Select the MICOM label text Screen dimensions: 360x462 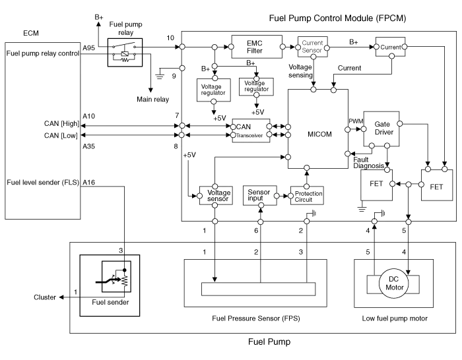pyautogui.click(x=320, y=134)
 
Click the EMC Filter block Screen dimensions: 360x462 pyautogui.click(x=254, y=47)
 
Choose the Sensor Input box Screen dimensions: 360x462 pyautogui.click(x=259, y=195)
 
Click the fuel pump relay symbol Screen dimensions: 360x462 pyautogui.click(x=125, y=50)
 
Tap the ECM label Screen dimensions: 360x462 pyautogui.click(x=31, y=32)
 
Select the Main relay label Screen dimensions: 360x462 pyautogui.click(x=152, y=99)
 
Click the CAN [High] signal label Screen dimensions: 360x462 pyautogui.click(x=61, y=123)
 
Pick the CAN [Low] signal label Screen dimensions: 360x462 pyautogui.click(x=61, y=136)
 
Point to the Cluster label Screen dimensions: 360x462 pyautogui.click(x=45, y=297)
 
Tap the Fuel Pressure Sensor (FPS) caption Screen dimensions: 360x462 pyautogui.click(x=255, y=319)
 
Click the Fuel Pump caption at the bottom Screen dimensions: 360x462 pyautogui.click(x=269, y=342)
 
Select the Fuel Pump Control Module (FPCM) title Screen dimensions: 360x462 pyautogui.click(x=337, y=18)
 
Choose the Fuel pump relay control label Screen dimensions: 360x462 pyautogui.click(x=43, y=53)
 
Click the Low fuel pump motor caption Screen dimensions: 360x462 pyautogui.click(x=395, y=319)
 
